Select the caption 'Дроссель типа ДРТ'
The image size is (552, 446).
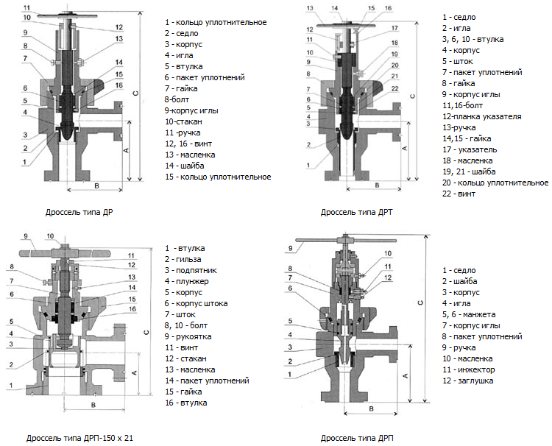[357, 212]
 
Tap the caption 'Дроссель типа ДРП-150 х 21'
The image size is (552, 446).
[79, 438]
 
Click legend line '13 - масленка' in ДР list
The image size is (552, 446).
[191, 155]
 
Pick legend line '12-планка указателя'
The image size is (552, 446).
[481, 116]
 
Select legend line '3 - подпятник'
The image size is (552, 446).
[191, 270]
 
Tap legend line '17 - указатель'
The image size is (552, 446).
[469, 149]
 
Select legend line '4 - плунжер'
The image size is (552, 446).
[187, 281]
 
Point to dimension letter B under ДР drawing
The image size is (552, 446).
[97, 184]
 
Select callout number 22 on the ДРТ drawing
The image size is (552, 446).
[395, 88]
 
